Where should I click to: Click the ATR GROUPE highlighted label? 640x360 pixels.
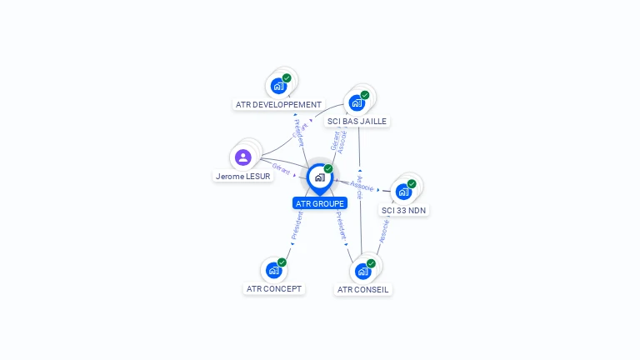tap(320, 203)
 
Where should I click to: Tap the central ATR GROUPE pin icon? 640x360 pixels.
tap(319, 177)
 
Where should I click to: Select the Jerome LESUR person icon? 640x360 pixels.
tap(243, 157)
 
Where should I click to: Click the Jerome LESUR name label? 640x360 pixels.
tap(243, 177)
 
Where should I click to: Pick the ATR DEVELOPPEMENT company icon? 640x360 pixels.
tap(278, 86)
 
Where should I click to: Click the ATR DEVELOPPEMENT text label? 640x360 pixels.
tap(278, 105)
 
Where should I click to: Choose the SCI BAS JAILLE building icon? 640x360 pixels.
tap(357, 102)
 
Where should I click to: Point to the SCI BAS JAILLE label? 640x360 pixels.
tap(357, 121)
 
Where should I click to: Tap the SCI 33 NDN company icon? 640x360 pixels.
tap(403, 192)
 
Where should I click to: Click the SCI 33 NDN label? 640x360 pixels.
tap(404, 211)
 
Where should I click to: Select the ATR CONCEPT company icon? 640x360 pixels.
tap(273, 270)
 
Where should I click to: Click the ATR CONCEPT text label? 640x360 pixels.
tap(274, 289)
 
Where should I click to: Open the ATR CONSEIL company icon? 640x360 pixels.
tap(362, 271)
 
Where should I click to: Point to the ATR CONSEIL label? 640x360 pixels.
tap(362, 290)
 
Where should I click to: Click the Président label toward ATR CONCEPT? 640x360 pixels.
tap(297, 224)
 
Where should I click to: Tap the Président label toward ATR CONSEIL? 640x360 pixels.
tap(341, 225)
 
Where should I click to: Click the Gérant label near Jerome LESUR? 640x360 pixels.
tap(281, 169)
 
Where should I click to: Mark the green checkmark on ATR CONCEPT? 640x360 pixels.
tap(282, 262)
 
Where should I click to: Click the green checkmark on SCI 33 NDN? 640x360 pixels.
tap(412, 184)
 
